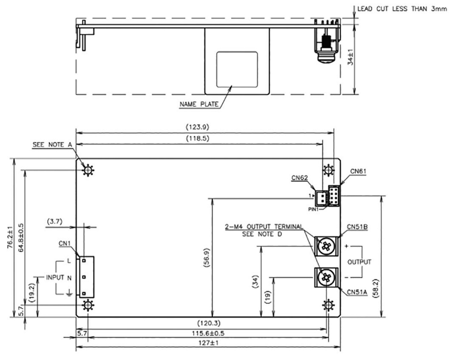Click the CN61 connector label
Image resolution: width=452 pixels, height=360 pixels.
point(358,171)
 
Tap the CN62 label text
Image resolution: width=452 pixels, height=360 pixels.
point(300,178)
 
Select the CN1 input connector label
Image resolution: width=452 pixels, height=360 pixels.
point(64,244)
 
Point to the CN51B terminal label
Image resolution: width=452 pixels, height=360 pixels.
point(357,227)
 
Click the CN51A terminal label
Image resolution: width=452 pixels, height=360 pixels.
point(357,292)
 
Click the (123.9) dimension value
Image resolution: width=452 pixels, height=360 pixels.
point(197,127)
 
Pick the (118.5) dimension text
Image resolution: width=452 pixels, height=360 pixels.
point(197,138)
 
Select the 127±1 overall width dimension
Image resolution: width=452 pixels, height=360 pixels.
point(208,343)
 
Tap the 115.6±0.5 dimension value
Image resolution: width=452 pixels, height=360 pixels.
point(208,333)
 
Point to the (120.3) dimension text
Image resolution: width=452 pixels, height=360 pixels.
point(209,323)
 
